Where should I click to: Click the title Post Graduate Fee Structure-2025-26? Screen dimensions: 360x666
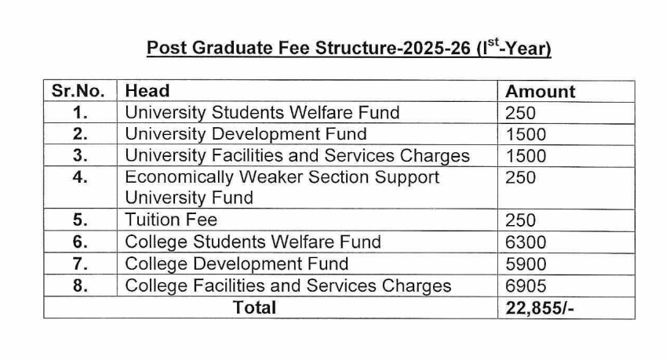click(349, 48)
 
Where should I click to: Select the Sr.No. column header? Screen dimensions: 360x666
click(78, 91)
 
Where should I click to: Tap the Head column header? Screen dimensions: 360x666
click(147, 91)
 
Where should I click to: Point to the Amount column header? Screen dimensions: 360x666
click(540, 91)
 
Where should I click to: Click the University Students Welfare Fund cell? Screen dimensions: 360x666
click(262, 112)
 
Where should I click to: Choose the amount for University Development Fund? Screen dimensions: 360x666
click(526, 134)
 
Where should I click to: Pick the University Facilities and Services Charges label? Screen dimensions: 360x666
click(297, 155)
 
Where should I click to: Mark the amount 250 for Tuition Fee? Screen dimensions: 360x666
click(521, 220)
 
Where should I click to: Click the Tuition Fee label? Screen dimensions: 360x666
click(171, 220)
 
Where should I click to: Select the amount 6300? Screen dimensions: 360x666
click(526, 242)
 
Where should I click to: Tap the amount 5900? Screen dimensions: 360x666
click(526, 264)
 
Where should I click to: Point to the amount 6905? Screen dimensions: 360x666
click(526, 285)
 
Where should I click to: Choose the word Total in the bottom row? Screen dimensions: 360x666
click(255, 307)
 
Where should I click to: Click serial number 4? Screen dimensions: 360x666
click(79, 177)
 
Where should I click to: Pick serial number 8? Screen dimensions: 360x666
click(79, 285)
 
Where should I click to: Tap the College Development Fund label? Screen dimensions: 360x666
click(237, 264)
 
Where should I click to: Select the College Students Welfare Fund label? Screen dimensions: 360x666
click(253, 242)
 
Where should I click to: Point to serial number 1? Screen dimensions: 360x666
click(79, 112)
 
